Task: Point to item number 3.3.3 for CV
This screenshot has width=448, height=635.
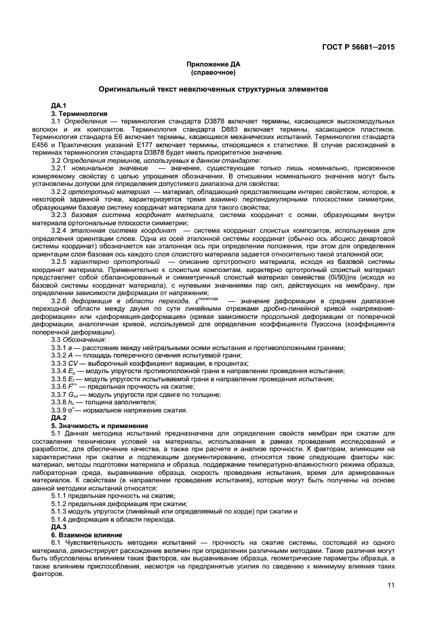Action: [59, 363]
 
